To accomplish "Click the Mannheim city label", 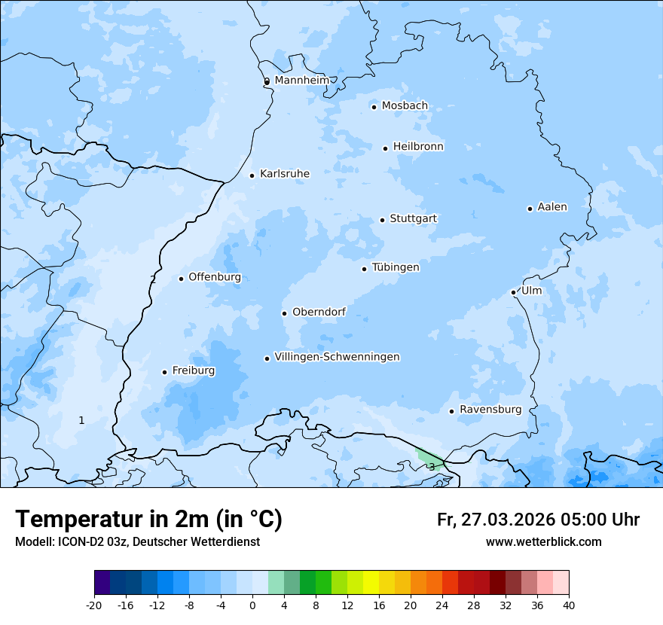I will click(301, 81).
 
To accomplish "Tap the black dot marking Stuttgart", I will click(382, 220).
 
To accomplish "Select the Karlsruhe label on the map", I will click(284, 174).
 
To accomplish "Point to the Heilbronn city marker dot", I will click(385, 148).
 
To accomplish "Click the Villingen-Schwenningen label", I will click(337, 357).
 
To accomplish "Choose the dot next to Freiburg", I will click(164, 372).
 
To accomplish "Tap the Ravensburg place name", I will click(490, 410).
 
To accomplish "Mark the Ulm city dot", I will click(513, 292).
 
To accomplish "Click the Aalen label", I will click(552, 207).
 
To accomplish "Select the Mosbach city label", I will click(405, 106).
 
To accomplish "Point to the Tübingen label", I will click(396, 267).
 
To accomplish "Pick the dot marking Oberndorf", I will click(284, 313).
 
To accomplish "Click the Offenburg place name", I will click(215, 277).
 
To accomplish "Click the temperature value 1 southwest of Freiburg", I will click(81, 420).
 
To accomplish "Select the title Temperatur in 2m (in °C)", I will click(149, 520).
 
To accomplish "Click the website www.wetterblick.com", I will click(543, 542).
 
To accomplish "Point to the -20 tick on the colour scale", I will click(94, 605).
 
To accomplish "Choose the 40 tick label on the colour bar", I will click(568, 605).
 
